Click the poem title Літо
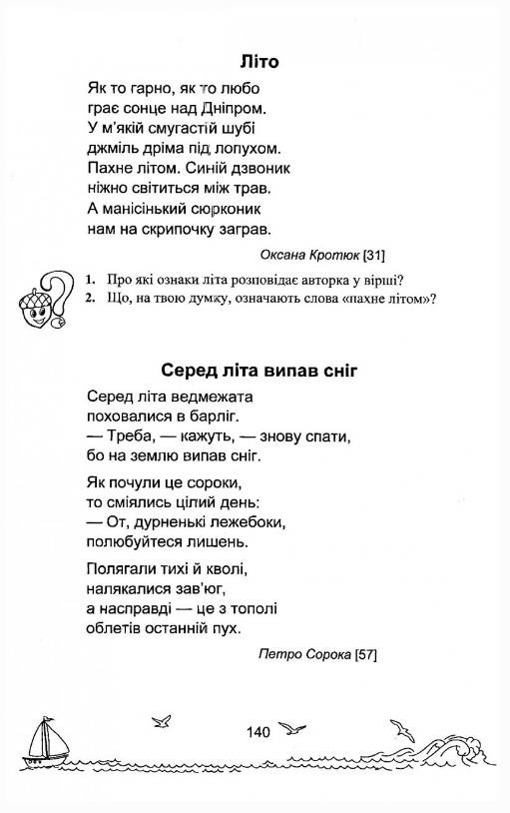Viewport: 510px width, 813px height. click(x=258, y=62)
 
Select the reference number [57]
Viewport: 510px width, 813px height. click(x=365, y=655)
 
